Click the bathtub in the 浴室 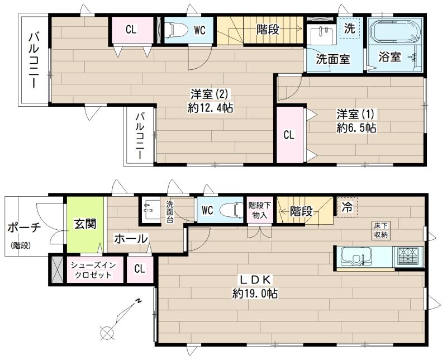(394, 32)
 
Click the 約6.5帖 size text (356, 128)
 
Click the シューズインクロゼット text (89, 270)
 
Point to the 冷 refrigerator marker (347, 206)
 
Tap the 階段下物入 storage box (259, 210)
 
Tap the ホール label (131, 239)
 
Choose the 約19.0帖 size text (255, 293)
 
